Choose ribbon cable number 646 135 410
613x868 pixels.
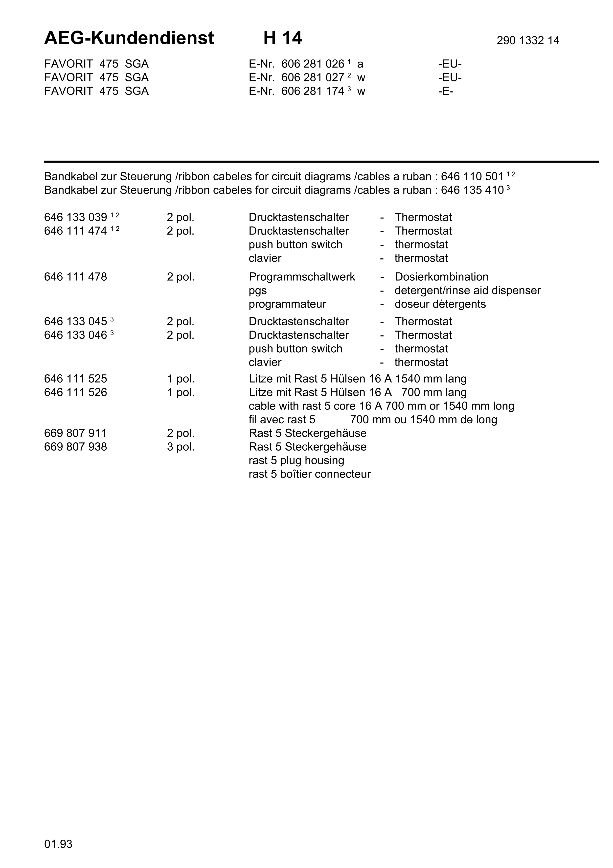[472, 190]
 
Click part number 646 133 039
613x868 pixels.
[75, 218]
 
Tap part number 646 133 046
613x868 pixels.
[75, 335]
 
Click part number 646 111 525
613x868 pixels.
[75, 379]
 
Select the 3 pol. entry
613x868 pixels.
[181, 447]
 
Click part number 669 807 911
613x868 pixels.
[75, 433]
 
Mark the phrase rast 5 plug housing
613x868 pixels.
[296, 461]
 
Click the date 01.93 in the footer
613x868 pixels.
[58, 844]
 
